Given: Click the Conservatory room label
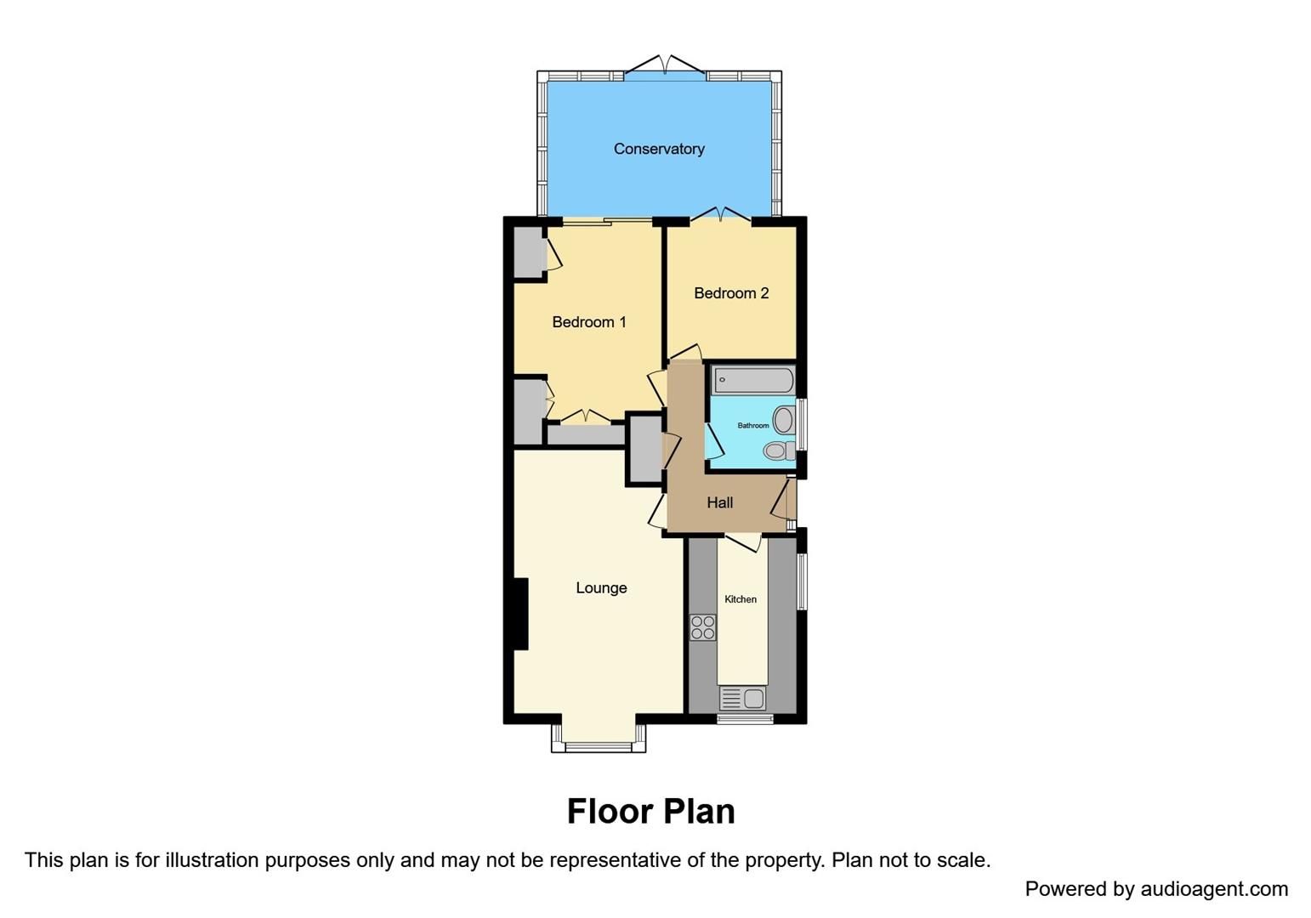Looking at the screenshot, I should point(659,149).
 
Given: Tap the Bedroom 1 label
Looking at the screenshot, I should point(589,322).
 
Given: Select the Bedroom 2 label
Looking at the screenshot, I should point(731,293).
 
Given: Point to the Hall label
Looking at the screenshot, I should point(720,503).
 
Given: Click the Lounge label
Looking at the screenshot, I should point(601,588).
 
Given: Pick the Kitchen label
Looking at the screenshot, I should point(741,599).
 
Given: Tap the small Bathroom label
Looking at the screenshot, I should point(752,426).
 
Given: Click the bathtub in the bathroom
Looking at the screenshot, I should point(753,380).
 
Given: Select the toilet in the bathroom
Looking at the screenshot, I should point(777,450).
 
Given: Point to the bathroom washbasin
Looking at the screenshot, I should point(784,420).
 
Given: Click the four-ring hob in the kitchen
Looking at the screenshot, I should point(703,627).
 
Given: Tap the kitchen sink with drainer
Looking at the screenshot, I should point(743,699).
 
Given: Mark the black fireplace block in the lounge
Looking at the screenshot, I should point(519,614).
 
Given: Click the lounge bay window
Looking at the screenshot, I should point(599,746).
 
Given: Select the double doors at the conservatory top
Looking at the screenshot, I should point(665,65).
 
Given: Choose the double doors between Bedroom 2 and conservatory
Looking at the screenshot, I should point(720,213).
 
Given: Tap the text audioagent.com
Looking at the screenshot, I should point(1214,889).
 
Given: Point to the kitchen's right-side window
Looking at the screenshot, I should point(802,581).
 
